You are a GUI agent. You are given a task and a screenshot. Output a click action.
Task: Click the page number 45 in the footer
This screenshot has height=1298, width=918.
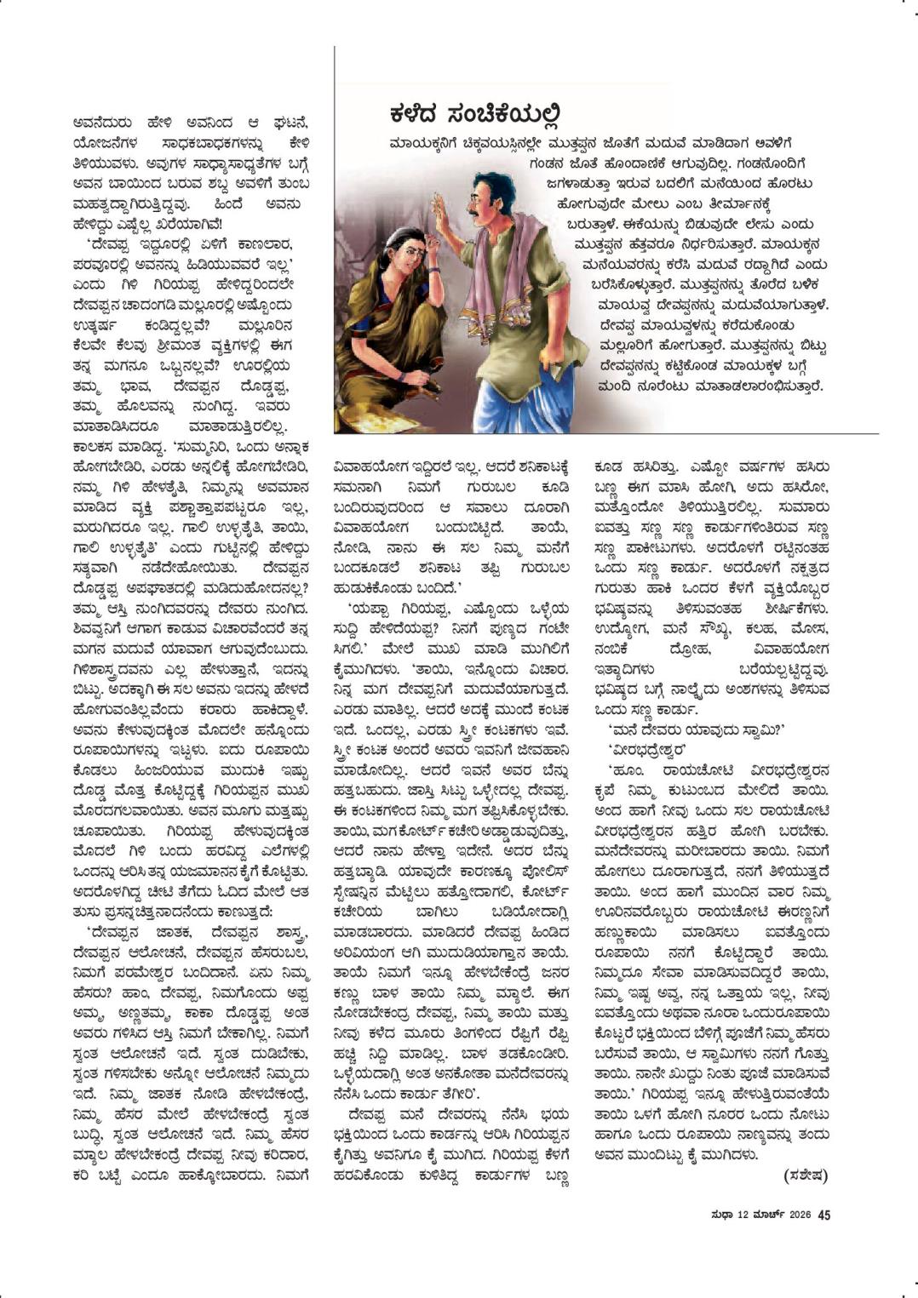click(x=823, y=1215)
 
